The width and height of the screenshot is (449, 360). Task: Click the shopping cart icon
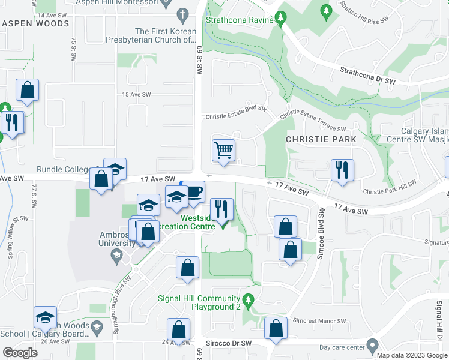(x=223, y=149)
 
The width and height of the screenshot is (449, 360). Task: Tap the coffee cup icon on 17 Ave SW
(x=194, y=192)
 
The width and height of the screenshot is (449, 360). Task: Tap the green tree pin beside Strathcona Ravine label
(x=280, y=19)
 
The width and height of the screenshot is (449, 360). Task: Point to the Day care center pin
(x=372, y=346)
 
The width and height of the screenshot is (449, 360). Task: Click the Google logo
(x=20, y=353)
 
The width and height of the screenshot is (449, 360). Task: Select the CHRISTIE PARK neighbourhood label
(x=321, y=139)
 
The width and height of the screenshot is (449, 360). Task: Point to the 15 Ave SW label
(x=134, y=95)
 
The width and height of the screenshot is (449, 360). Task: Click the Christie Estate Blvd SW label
(x=236, y=117)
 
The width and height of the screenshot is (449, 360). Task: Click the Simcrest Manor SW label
(x=313, y=321)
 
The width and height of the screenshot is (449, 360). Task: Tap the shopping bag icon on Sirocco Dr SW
(x=275, y=329)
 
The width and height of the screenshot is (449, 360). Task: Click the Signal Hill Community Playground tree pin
(x=248, y=299)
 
